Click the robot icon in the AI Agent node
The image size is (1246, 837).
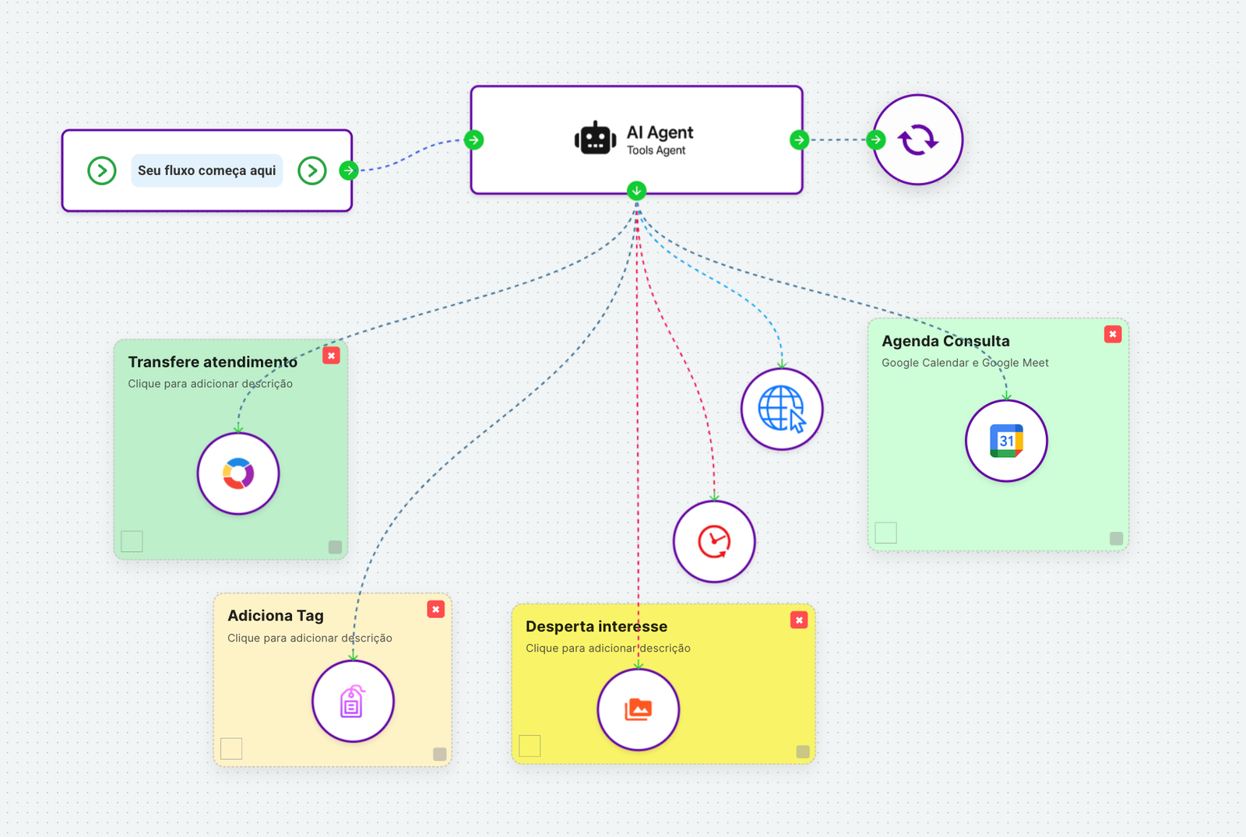(x=595, y=139)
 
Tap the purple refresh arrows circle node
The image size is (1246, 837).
(x=917, y=140)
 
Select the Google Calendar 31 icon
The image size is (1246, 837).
(x=1006, y=441)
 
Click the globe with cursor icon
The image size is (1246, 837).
(x=782, y=410)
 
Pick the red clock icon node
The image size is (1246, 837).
(x=714, y=542)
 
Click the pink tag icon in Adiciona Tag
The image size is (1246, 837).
(x=353, y=702)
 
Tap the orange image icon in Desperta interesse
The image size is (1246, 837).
(x=639, y=709)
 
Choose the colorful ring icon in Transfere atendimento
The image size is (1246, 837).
(x=238, y=473)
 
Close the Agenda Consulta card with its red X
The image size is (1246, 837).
(x=1113, y=334)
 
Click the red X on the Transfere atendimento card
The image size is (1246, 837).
(x=332, y=356)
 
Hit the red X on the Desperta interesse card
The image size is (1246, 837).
(x=799, y=620)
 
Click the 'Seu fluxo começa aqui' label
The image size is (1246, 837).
(x=206, y=171)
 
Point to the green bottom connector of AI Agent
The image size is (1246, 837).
(x=637, y=191)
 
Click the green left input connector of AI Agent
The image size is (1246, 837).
(x=473, y=140)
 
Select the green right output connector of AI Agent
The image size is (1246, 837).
(x=799, y=140)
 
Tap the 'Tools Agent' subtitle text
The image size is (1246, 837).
(x=656, y=150)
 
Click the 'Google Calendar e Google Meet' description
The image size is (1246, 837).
(x=965, y=363)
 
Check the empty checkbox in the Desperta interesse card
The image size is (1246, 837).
(x=530, y=746)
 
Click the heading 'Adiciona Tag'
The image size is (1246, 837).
(x=276, y=616)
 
